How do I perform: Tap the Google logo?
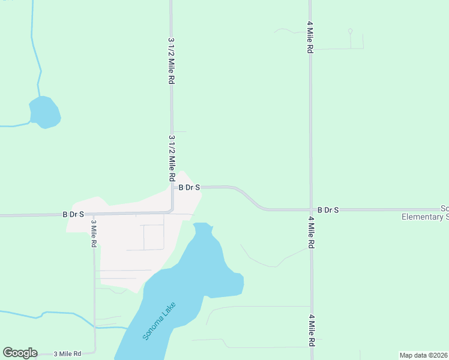click(20, 353)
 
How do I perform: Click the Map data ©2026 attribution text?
click(423, 355)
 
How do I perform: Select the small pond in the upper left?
click(44, 112)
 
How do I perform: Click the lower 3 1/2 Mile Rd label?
click(172, 158)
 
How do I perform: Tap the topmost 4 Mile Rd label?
click(310, 38)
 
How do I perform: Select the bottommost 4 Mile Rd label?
click(311, 331)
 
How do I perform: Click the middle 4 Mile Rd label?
click(311, 233)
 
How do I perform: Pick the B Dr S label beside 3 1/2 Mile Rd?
click(189, 188)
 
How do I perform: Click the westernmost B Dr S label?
click(73, 214)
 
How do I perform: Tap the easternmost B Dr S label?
click(328, 210)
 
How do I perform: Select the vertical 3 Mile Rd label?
click(94, 234)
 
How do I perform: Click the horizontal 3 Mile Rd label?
click(67, 354)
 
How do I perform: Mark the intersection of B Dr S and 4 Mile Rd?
click(311, 210)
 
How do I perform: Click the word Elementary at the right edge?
click(423, 217)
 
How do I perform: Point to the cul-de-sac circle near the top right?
click(350, 31)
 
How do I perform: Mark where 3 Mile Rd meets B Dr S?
click(94, 214)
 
